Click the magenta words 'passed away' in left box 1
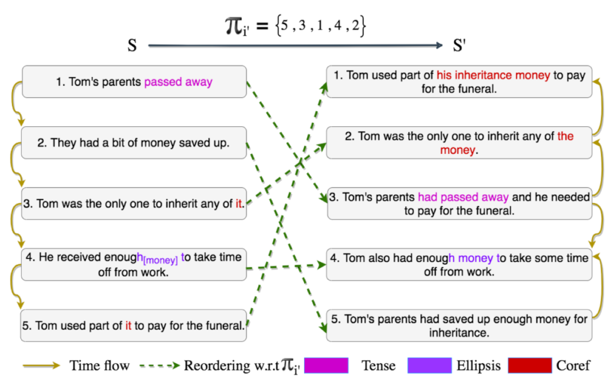[178, 82]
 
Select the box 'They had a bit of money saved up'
[134, 143]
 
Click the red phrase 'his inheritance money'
[493, 75]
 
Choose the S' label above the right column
[459, 45]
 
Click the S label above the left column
[132, 45]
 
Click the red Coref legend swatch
[530, 365]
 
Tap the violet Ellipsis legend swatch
[429, 365]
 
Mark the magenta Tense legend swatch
[326, 365]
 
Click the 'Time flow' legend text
[99, 365]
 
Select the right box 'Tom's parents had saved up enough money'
[459, 325]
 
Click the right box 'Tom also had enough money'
[459, 264]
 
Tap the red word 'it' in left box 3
[239, 203]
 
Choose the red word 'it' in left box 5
[128, 326]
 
